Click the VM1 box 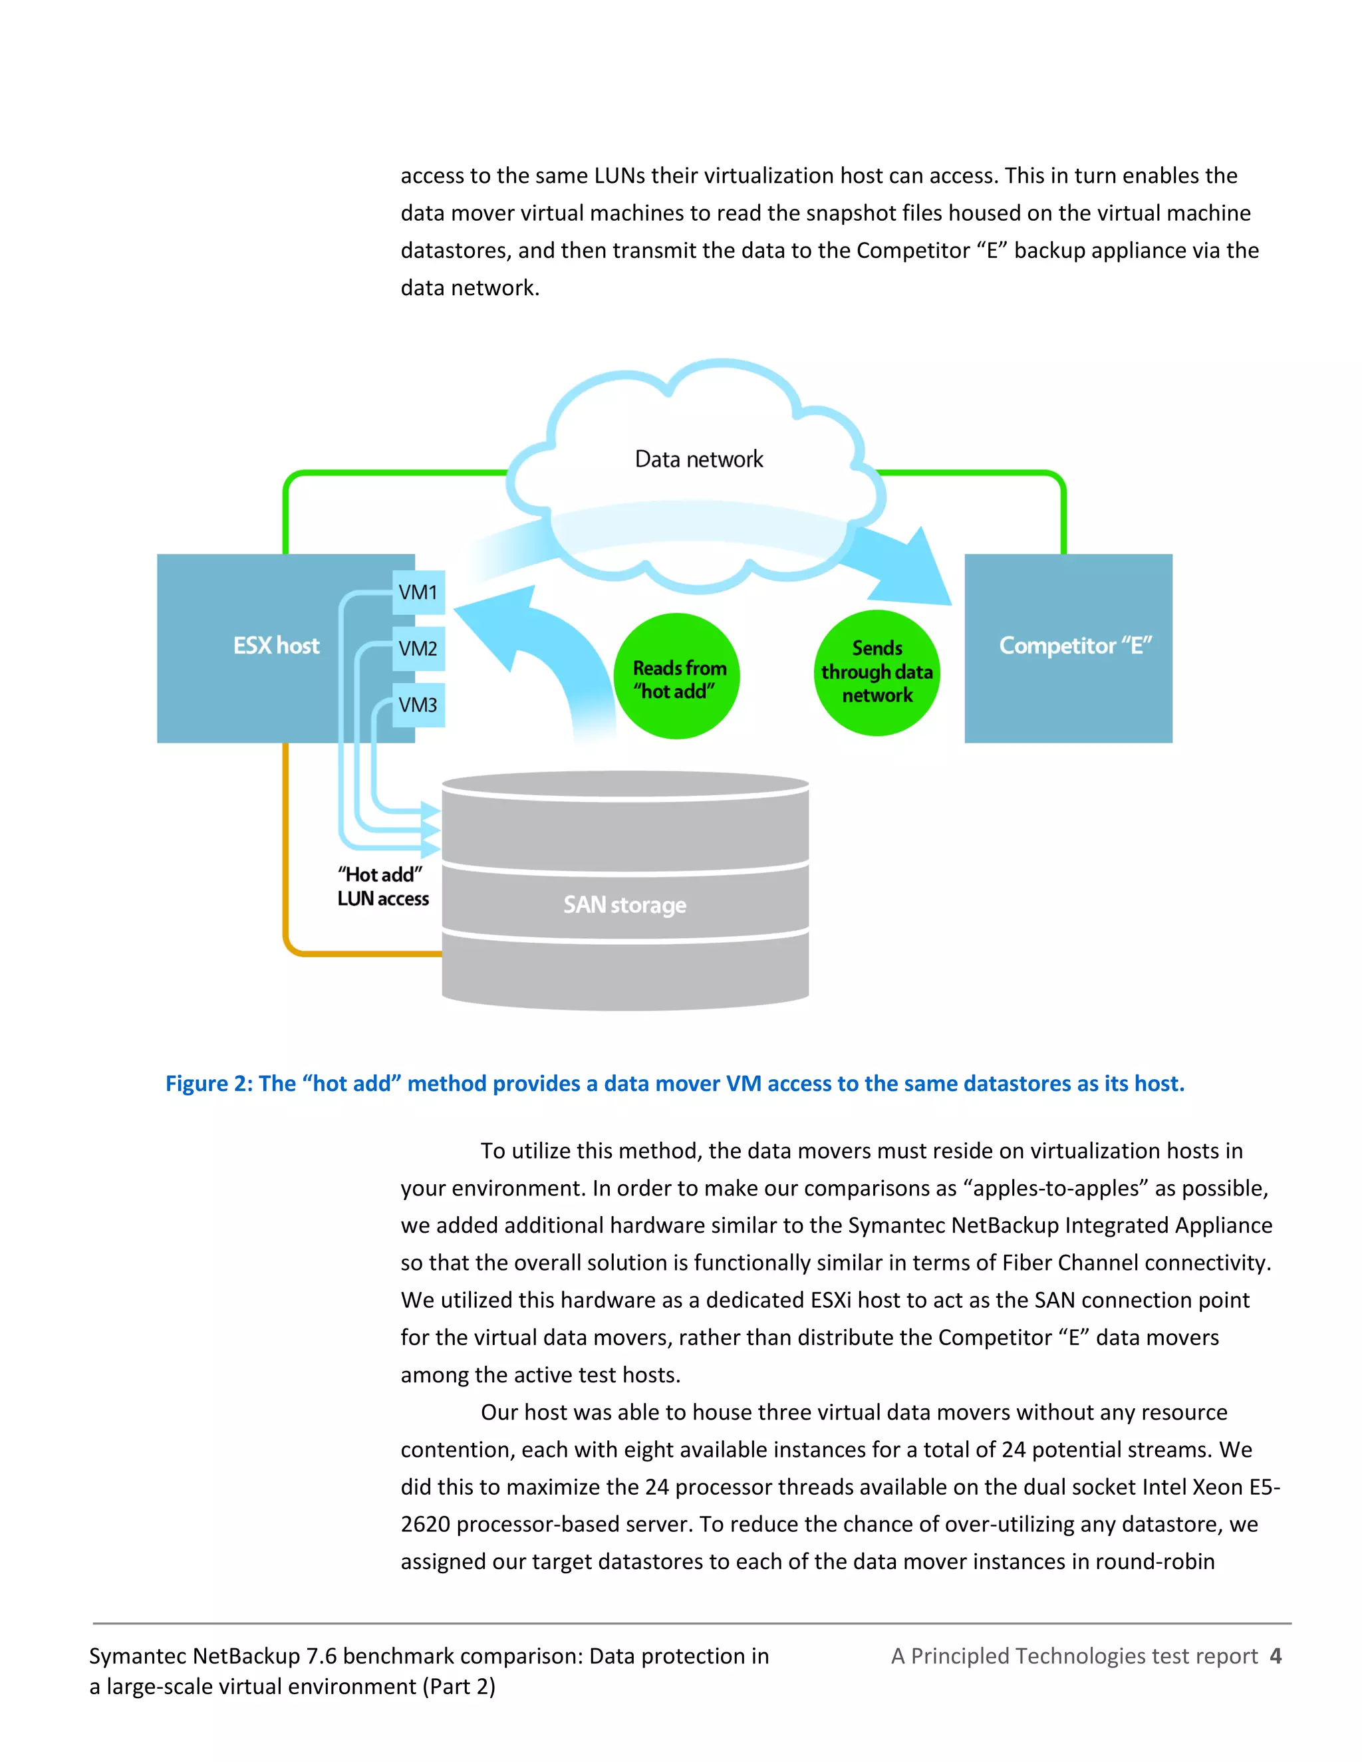pos(418,593)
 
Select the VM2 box pos(418,649)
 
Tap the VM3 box pos(418,705)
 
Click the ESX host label pos(276,646)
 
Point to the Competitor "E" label pos(1075,646)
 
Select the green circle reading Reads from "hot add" pos(677,676)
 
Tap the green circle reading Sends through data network pos(877,673)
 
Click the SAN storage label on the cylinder pos(624,905)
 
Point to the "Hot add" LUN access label pos(382,886)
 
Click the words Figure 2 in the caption pos(208,1084)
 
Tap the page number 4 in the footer pos(1275,1656)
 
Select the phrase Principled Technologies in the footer pos(1028,1656)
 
